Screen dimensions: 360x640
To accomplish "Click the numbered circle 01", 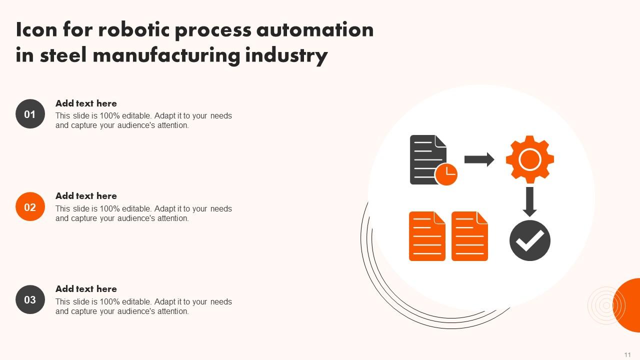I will (30, 114).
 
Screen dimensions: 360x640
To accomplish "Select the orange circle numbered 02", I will (30, 207).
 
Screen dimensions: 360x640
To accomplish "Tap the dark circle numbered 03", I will (30, 299).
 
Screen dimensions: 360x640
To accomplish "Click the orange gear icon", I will (529, 159).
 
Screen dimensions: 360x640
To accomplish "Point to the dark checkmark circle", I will (530, 240).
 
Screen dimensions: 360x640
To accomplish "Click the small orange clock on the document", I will (446, 174).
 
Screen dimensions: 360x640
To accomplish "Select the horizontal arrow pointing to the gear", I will (479, 159).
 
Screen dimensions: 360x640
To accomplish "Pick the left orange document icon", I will (427, 236).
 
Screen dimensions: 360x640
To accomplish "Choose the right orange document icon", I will (469, 236).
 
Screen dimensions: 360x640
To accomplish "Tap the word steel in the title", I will (63, 55).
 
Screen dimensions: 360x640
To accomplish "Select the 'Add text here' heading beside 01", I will (86, 103).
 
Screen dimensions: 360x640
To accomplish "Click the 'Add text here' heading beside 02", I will (86, 196).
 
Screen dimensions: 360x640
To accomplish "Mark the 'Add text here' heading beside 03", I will (86, 289).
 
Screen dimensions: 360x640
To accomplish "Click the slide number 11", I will (627, 354).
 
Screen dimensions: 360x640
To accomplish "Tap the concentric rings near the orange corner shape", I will (606, 305).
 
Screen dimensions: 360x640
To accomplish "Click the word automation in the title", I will (315, 30).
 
